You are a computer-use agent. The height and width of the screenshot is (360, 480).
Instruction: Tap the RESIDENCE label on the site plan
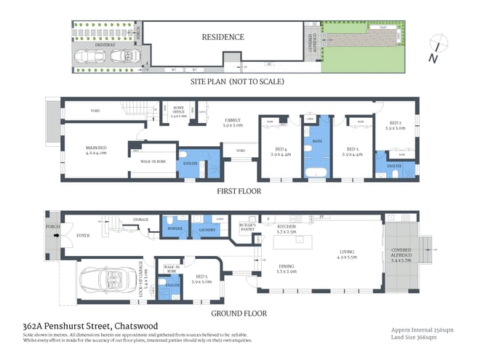click(223, 36)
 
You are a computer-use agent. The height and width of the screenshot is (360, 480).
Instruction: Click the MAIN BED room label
click(96, 150)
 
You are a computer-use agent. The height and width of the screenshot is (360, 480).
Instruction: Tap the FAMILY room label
click(233, 122)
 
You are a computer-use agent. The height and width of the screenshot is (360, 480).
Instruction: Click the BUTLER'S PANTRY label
click(249, 228)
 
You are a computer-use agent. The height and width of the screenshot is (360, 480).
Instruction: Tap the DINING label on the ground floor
click(288, 268)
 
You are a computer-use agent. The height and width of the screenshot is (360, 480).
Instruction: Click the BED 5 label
click(203, 278)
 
